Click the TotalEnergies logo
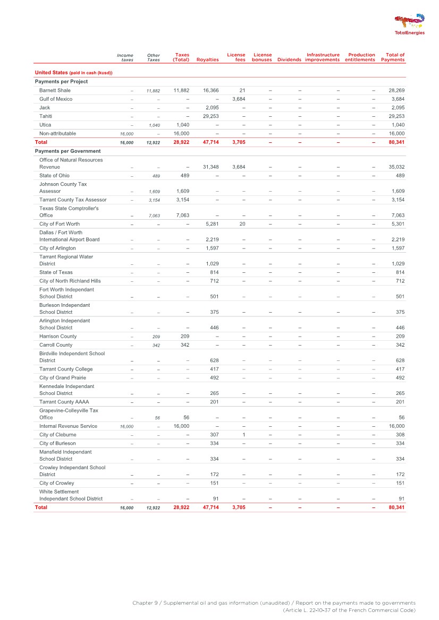coord(409,24)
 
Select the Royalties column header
coord(207,59)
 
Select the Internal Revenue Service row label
coord(68,426)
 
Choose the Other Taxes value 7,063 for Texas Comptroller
coord(153,216)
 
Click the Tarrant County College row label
coord(66,369)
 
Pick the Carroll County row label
coord(56,345)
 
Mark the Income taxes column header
coord(125,57)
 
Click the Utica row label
coord(45,125)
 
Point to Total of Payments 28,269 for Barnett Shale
coord(394,90)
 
